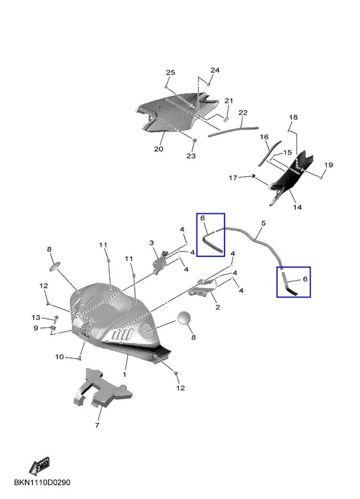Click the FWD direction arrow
(39, 466)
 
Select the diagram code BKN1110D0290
(42, 483)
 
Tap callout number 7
(97, 425)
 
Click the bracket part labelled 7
(102, 389)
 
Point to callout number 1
(124, 374)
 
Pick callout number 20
(158, 148)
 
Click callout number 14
(297, 207)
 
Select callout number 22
(243, 113)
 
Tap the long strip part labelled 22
(233, 131)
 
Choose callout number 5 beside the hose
(263, 223)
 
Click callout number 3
(152, 243)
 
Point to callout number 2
(218, 307)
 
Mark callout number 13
(36, 317)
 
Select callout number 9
(36, 328)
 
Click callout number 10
(59, 357)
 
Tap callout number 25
(170, 72)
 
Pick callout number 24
(215, 70)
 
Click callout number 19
(328, 165)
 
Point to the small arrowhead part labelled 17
(254, 176)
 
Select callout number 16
(264, 137)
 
